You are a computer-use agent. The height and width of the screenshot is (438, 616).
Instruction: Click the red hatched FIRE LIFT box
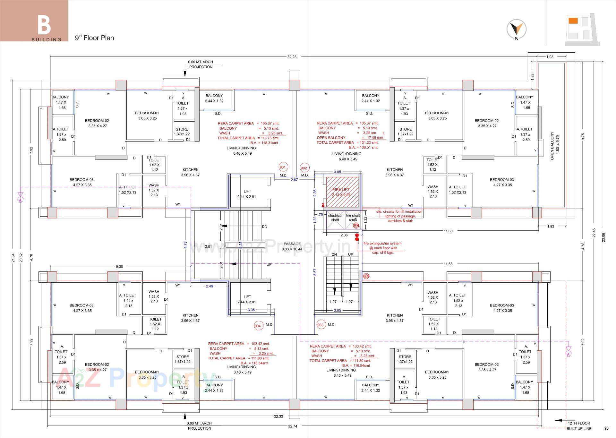pyautogui.click(x=342, y=192)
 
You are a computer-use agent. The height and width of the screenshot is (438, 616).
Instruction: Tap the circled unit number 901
pyautogui.click(x=283, y=167)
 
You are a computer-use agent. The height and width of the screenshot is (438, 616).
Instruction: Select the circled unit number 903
pyautogui.click(x=320, y=325)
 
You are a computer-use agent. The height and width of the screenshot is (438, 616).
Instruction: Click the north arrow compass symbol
pyautogui.click(x=516, y=29)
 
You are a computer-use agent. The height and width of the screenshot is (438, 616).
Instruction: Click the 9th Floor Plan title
pyautogui.click(x=94, y=38)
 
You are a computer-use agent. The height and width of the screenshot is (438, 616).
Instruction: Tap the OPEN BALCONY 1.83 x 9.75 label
pyautogui.click(x=554, y=145)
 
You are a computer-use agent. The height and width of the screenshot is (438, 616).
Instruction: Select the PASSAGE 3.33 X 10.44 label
pyautogui.click(x=292, y=246)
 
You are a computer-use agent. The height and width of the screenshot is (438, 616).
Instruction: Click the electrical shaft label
pyautogui.click(x=335, y=218)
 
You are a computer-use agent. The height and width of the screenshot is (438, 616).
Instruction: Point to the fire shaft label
pyautogui.click(x=353, y=218)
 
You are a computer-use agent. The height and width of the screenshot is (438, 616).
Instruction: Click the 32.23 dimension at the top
pyautogui.click(x=292, y=57)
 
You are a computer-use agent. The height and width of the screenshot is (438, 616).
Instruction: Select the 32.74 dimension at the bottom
pyautogui.click(x=293, y=426)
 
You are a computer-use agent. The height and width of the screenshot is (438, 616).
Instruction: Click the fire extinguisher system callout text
pyautogui.click(x=382, y=248)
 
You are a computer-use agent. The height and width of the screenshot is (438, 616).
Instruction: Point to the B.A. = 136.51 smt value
pyautogui.click(x=363, y=147)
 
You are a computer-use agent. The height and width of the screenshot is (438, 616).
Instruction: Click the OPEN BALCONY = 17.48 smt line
pyautogui.click(x=350, y=138)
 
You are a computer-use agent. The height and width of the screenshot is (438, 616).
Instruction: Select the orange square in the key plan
pyautogui.click(x=573, y=21)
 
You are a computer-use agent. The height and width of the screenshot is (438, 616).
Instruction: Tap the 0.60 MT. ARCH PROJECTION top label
pyautogui.click(x=201, y=64)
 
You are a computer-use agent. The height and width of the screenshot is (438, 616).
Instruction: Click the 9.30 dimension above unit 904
pyautogui.click(x=119, y=266)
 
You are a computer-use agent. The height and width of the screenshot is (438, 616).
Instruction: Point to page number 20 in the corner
pyautogui.click(x=606, y=428)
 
